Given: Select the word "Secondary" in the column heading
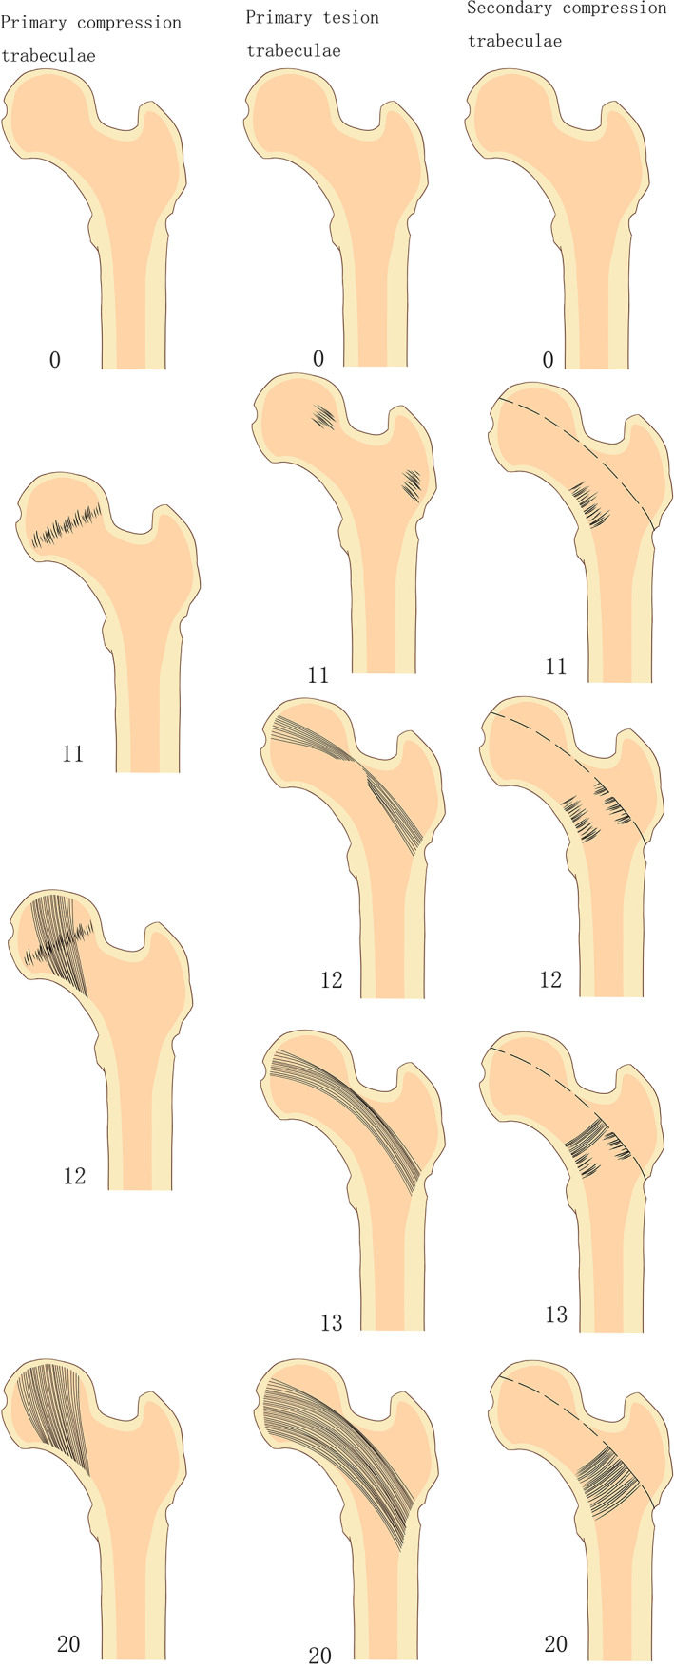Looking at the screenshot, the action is click(x=510, y=9).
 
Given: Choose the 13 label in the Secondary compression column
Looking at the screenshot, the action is click(x=556, y=1315).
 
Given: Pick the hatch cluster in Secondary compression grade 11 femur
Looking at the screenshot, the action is click(x=589, y=503).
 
